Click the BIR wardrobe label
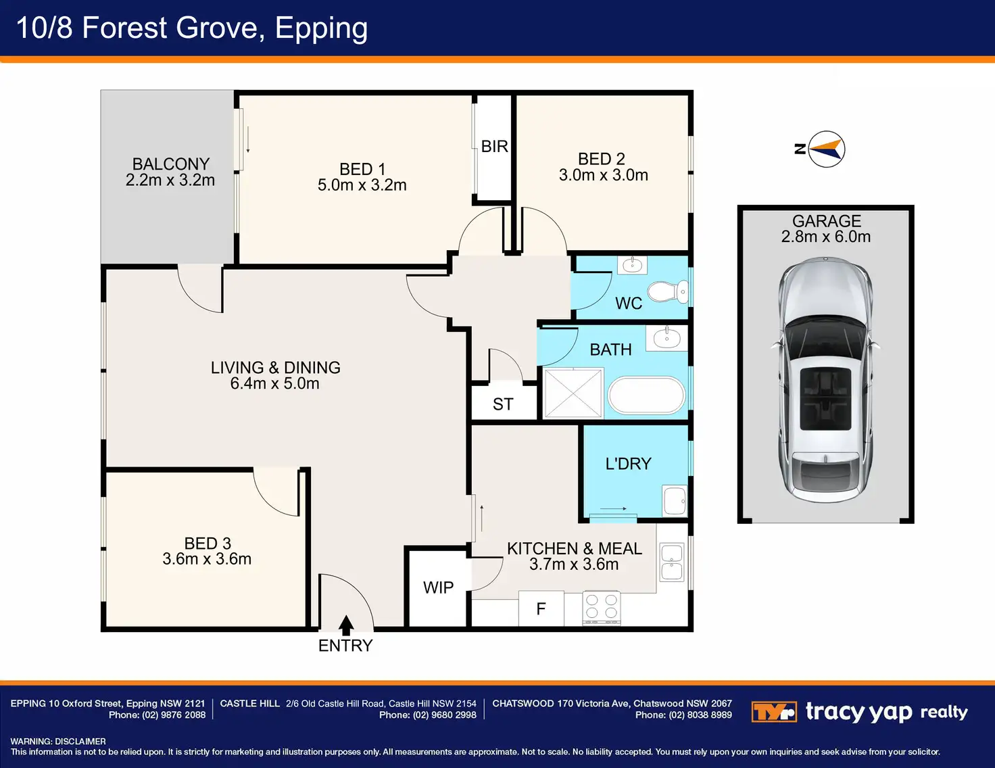495,147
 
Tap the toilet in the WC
668,291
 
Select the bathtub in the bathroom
646,395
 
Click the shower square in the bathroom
573,393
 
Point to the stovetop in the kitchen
602,608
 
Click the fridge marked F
541,608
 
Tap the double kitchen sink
672,562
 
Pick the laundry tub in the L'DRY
675,500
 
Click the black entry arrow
346,625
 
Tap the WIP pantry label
438,587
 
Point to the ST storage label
503,404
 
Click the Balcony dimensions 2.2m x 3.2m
170,181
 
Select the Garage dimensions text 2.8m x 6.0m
826,237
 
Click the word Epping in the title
321,28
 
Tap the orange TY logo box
774,712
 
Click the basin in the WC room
632,265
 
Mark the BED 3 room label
208,544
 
